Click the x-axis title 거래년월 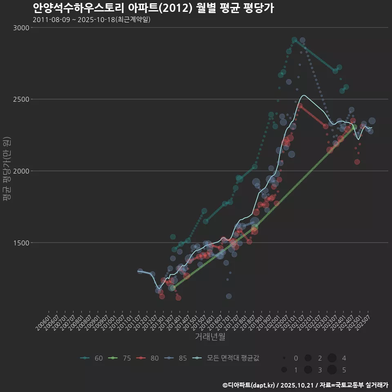[210, 337]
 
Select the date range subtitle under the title [91, 20]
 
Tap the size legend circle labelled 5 [332, 370]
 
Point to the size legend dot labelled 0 [283, 358]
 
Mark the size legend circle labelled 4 [332, 358]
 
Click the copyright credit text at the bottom [305, 385]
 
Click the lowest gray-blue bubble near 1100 [229, 296]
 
